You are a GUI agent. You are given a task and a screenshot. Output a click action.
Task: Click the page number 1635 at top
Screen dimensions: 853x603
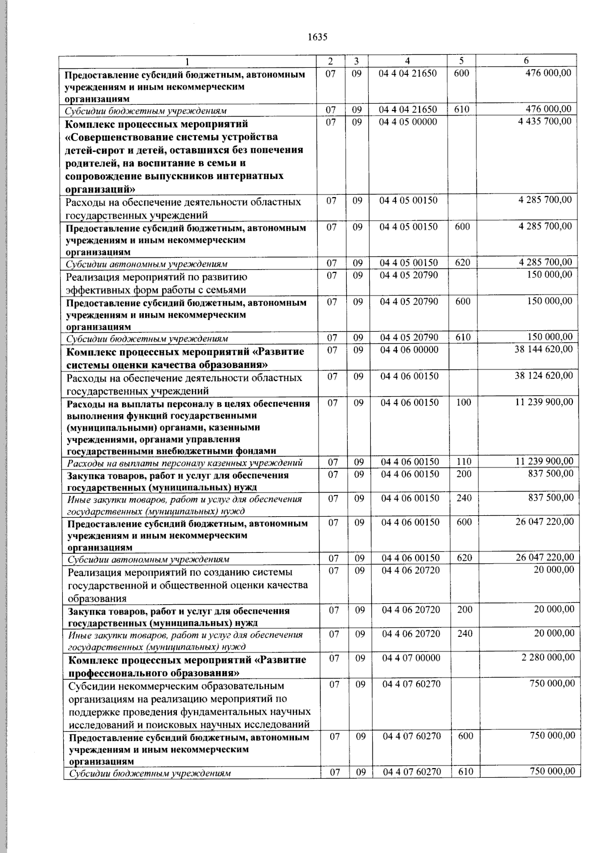coord(317,37)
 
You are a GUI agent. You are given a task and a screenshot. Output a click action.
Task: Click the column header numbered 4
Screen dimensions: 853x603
coord(407,61)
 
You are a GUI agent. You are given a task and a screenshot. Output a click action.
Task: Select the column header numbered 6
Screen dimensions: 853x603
coord(526,61)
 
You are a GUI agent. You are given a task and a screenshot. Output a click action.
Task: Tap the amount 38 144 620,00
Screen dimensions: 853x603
coord(543,349)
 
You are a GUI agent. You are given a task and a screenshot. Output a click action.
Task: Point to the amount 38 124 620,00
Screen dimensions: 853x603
coord(543,375)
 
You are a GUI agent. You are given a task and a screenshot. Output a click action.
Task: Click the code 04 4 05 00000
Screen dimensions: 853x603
coord(409,122)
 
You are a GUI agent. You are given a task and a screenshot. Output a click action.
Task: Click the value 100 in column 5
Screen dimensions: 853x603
coord(464,402)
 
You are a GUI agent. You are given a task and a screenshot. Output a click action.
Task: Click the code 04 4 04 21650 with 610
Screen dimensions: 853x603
coord(408,110)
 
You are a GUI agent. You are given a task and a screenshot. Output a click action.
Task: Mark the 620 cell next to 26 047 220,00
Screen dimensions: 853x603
coord(465,558)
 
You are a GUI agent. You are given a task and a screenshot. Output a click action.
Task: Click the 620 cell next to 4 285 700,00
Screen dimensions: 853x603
coord(463,262)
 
